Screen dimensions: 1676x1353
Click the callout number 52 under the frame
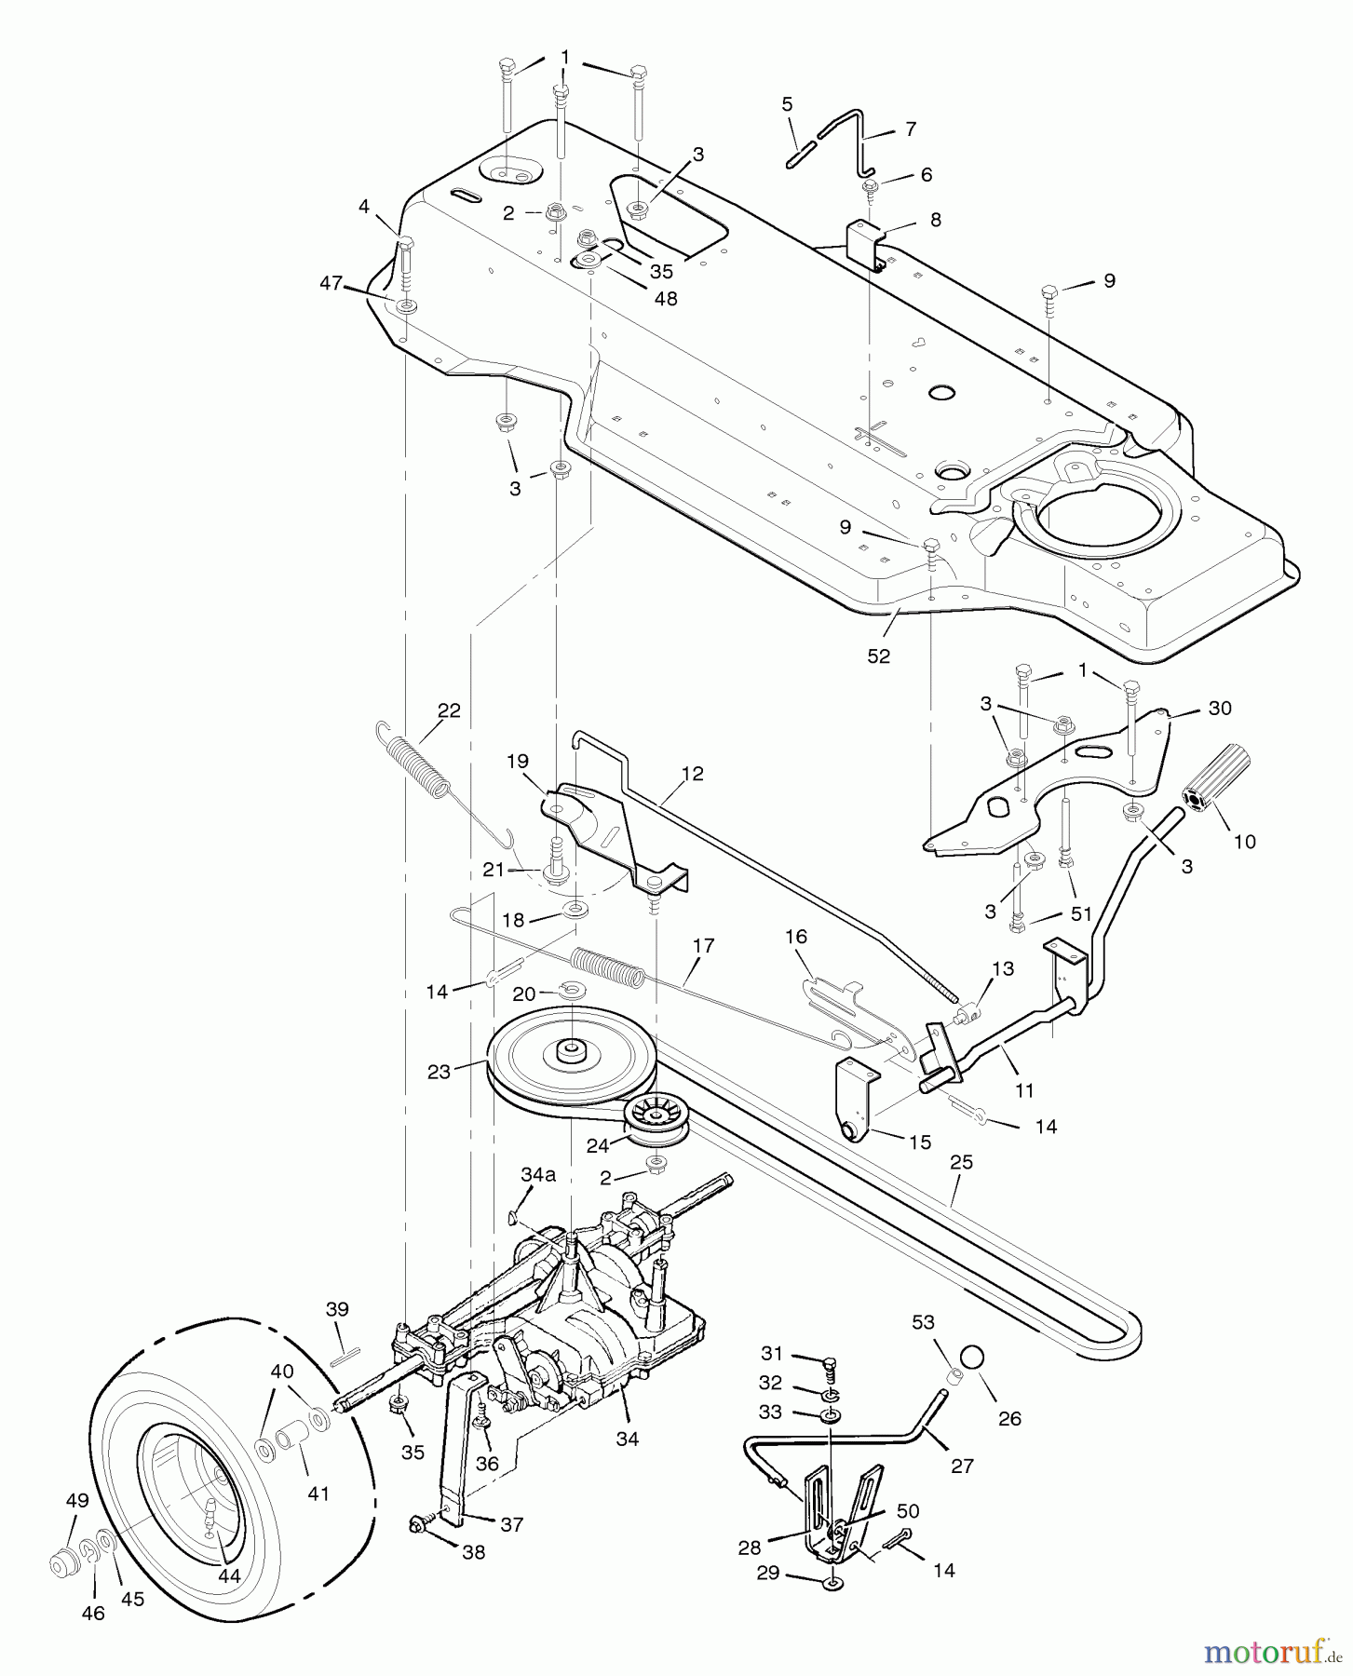[x=878, y=656]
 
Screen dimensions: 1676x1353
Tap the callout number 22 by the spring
[x=449, y=710]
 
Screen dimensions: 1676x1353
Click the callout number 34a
[x=538, y=1175]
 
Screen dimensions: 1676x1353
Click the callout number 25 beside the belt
[x=961, y=1161]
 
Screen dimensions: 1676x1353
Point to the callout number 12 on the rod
[x=692, y=773]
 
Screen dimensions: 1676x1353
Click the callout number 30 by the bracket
[x=1219, y=708]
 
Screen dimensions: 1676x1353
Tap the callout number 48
[x=665, y=298]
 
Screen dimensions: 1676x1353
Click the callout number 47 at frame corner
[x=331, y=282]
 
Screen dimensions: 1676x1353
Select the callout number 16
[x=796, y=937]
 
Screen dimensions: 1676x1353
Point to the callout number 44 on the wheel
[x=229, y=1575]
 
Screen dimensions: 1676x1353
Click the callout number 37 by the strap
[x=511, y=1524]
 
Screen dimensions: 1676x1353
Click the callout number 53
[x=924, y=1322]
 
